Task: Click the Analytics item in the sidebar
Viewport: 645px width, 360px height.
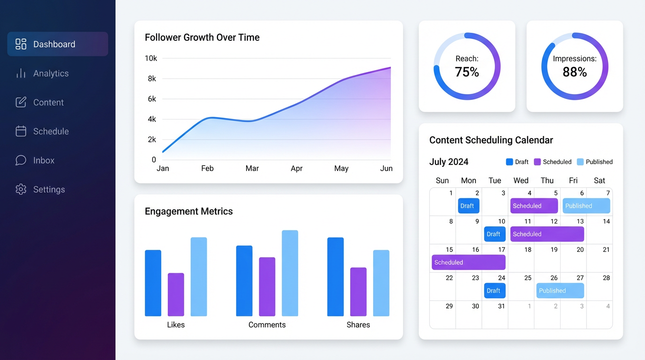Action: coord(51,74)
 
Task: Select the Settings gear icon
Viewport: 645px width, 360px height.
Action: coord(21,189)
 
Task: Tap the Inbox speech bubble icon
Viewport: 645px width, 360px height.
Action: coord(21,160)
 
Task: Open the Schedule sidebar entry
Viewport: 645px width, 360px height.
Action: coord(51,132)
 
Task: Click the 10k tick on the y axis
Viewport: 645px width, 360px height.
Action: coord(151,59)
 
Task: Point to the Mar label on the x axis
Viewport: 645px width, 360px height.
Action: coord(252,168)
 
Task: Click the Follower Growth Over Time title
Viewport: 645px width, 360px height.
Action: coord(202,37)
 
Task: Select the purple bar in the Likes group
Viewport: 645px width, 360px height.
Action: coord(176,294)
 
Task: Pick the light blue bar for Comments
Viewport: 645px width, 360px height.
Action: coord(290,273)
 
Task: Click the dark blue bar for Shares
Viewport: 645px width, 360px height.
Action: coord(335,277)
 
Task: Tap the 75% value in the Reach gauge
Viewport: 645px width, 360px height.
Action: coord(467,72)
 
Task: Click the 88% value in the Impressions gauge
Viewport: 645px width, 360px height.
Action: coord(575,72)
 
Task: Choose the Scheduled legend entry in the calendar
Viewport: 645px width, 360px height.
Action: coord(553,162)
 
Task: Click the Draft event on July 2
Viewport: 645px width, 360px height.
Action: coord(467,206)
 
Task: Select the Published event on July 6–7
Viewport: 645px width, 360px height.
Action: coord(586,206)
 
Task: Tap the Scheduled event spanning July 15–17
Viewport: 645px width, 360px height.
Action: coord(468,262)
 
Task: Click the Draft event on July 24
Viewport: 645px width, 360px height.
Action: coord(494,291)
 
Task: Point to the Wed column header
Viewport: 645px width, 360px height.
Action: coord(521,180)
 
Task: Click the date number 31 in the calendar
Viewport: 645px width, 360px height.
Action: coord(502,306)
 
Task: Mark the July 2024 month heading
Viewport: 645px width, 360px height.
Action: coord(449,162)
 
